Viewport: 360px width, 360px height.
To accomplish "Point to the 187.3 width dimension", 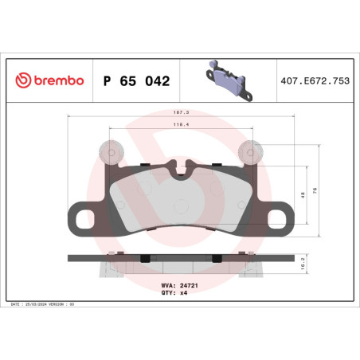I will pos(181,114).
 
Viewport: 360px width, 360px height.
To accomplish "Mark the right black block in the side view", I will pos(216,258).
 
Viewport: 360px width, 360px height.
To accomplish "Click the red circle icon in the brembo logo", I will pos(23,80).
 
